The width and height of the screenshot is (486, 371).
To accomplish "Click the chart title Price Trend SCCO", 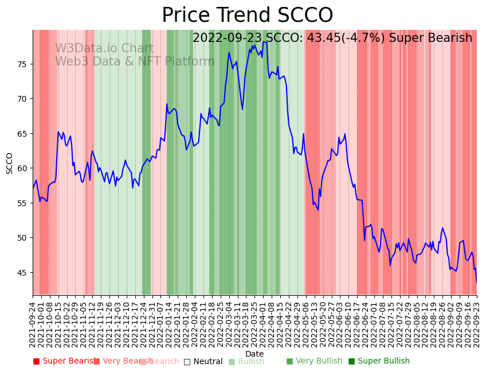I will tap(247, 16).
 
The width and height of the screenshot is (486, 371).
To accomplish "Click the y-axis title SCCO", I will tap(10, 163).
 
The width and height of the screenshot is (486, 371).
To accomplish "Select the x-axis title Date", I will tap(254, 354).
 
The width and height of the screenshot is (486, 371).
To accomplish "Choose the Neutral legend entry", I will tap(203, 361).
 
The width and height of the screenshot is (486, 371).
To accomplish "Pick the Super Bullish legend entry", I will tap(379, 361).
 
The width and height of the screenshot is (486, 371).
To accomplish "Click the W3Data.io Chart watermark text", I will tap(104, 49).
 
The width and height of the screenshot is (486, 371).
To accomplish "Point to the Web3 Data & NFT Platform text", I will tap(135, 61).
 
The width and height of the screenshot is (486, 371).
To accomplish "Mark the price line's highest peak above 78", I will tap(264, 42).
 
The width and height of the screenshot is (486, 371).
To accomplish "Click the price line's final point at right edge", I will tap(476, 282).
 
